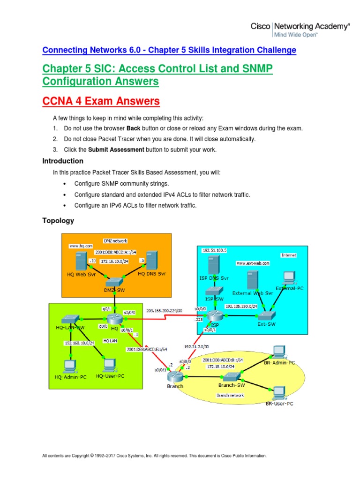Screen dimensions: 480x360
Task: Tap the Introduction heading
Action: pyautogui.click(x=63, y=161)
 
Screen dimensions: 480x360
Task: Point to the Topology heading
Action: pyautogui.click(x=58, y=220)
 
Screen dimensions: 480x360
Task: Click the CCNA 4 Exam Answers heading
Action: pyautogui.click(x=101, y=101)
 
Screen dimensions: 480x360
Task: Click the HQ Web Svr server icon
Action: pyautogui.click(x=81, y=261)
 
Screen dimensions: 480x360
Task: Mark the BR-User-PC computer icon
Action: pyautogui.click(x=279, y=392)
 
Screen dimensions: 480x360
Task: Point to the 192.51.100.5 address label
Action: pyautogui.click(x=215, y=251)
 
